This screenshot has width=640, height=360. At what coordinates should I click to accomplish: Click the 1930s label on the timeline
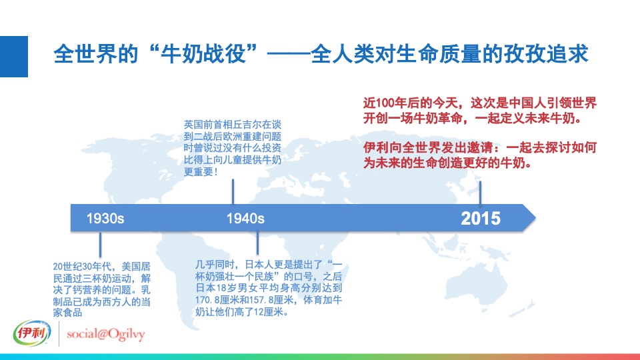click(x=105, y=218)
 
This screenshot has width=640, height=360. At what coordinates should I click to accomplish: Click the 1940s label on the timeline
click(x=245, y=218)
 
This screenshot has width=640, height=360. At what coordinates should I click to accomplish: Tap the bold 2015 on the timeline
click(x=481, y=218)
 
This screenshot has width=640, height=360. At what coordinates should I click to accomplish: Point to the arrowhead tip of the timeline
click(x=535, y=217)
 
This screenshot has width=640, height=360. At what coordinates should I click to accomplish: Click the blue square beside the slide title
click(x=14, y=57)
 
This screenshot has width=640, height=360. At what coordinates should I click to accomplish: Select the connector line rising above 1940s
click(x=232, y=191)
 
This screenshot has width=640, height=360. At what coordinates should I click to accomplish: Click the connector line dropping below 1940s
click(x=257, y=243)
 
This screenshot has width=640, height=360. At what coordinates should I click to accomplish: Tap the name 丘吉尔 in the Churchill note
click(x=253, y=124)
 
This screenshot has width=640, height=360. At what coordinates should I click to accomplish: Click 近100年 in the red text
click(x=387, y=105)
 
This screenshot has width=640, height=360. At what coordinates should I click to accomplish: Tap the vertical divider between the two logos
click(x=59, y=333)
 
